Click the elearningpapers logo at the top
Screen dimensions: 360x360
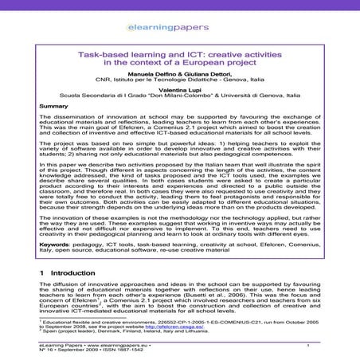point(180,15)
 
